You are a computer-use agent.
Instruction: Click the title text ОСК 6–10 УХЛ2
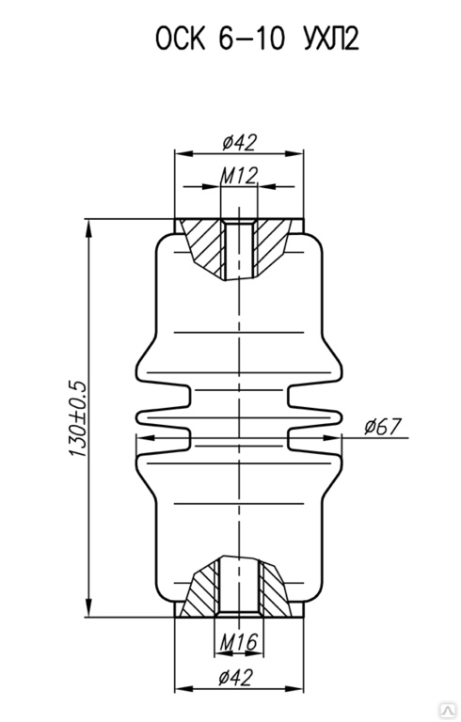pyautogui.click(x=257, y=39)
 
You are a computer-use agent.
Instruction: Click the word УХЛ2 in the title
pyautogui.click(x=330, y=39)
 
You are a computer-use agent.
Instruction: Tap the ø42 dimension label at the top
pyautogui.click(x=239, y=142)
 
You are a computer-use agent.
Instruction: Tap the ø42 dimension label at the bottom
pyautogui.click(x=235, y=677)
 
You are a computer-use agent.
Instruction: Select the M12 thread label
pyautogui.click(x=239, y=176)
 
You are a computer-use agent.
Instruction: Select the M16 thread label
pyautogui.click(x=239, y=641)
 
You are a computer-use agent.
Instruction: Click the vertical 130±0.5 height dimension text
pyautogui.click(x=77, y=418)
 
